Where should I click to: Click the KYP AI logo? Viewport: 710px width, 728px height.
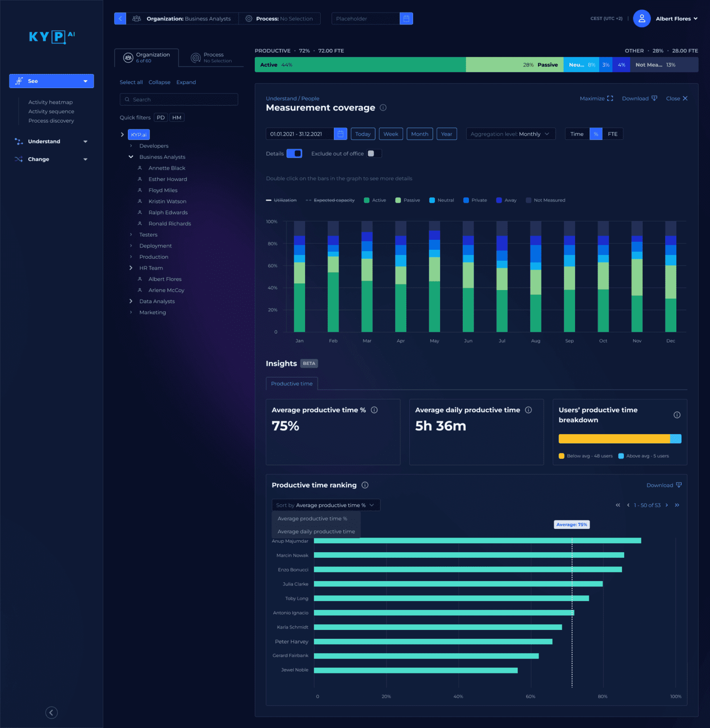(x=52, y=36)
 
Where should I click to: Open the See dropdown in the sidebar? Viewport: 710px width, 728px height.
(x=51, y=81)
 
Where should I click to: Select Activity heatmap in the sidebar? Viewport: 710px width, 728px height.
(x=50, y=102)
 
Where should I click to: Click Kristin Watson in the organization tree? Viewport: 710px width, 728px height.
(x=167, y=201)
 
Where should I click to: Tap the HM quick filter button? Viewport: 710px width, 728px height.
(x=177, y=118)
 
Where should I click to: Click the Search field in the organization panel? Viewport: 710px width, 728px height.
(x=179, y=100)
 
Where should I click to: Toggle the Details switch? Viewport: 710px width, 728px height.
(x=294, y=154)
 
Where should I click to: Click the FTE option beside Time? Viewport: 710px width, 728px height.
(x=612, y=134)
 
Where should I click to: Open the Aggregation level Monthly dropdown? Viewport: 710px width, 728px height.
(x=510, y=134)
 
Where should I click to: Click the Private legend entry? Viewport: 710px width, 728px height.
(x=475, y=200)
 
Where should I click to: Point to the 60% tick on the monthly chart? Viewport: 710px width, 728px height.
(x=272, y=266)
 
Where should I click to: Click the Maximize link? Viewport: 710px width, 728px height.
(x=596, y=99)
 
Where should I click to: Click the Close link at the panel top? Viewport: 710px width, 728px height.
(x=676, y=99)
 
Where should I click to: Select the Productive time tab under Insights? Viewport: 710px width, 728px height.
(x=292, y=384)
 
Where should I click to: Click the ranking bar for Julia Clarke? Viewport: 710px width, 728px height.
(x=458, y=584)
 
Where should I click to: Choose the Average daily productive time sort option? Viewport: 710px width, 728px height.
(x=316, y=532)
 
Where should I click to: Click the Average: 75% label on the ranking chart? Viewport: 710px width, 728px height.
(x=572, y=525)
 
